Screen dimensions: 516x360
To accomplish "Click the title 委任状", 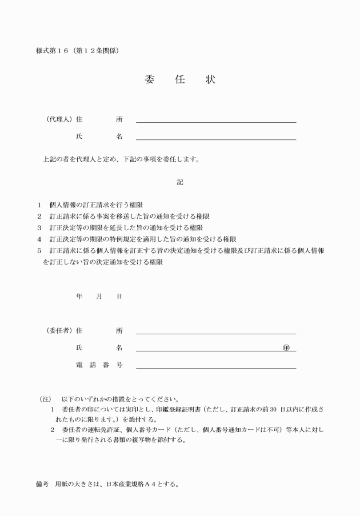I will pos(180,79).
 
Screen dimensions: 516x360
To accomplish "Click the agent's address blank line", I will pos(216,121).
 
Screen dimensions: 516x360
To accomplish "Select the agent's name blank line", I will pos(216,138).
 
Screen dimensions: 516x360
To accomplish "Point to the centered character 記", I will pos(180,182).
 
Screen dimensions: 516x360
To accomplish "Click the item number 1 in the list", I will pos(39,205).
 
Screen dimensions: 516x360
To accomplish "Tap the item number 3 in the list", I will pos(39,227).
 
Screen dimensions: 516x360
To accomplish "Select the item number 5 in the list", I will pos(39,251).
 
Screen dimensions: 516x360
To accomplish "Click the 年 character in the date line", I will pos(79,297).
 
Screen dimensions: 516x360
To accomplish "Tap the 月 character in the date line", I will pos(99,297).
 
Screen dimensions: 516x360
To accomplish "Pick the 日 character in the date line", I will pos(119,297).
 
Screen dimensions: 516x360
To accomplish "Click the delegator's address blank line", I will pos(216,333).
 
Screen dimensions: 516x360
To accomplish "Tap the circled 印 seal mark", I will pos(286,347).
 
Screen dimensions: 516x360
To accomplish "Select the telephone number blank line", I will pos(216,367).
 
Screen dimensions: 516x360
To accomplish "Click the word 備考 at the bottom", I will pos(42,485).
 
